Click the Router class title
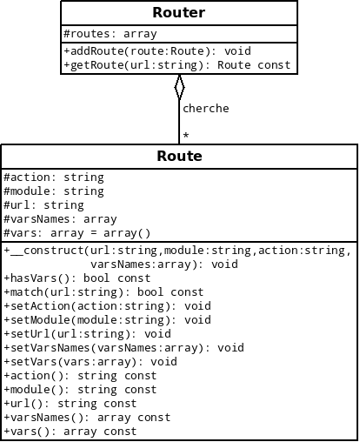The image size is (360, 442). point(178,12)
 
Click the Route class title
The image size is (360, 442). point(179,157)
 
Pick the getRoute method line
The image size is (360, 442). point(177,65)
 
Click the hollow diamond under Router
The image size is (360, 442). point(179,86)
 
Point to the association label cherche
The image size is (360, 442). point(205,109)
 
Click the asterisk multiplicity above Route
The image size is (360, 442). point(186,136)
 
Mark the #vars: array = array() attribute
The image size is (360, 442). point(77,233)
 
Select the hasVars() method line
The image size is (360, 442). point(77,278)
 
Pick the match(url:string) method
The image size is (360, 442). point(103,292)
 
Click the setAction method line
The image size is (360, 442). point(107,306)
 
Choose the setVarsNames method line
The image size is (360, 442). point(123,348)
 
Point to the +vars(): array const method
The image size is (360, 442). point(70,432)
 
